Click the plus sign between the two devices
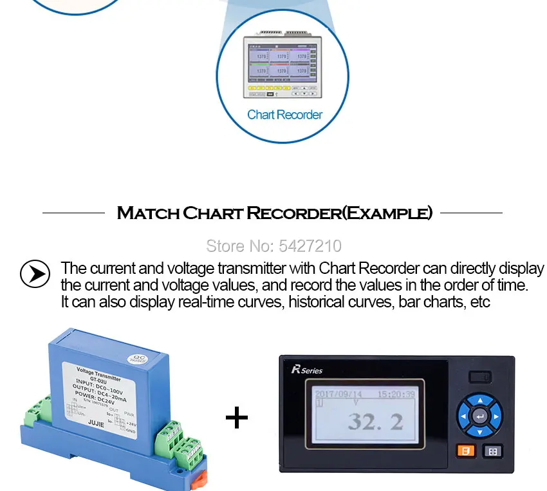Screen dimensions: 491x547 click(x=237, y=418)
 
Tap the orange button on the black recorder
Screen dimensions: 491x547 click(x=465, y=451)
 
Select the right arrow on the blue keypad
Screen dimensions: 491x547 click(x=496, y=416)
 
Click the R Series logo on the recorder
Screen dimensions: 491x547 click(x=306, y=369)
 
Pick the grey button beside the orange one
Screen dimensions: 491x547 click(x=492, y=451)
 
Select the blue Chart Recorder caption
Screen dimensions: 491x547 click(x=284, y=115)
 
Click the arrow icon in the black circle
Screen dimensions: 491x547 click(x=35, y=274)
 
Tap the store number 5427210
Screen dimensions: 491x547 click(x=273, y=246)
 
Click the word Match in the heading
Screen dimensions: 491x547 click(x=147, y=213)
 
